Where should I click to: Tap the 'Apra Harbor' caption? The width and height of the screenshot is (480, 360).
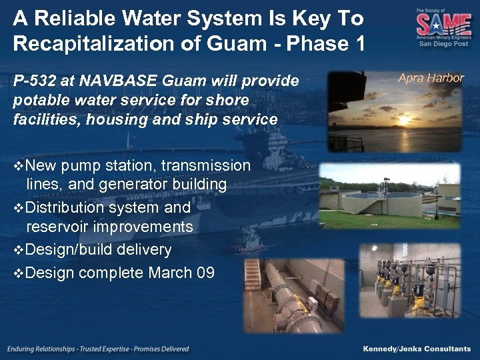(x=431, y=78)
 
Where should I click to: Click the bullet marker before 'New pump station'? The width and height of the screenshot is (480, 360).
(x=19, y=165)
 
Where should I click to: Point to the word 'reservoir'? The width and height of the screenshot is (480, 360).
(x=59, y=227)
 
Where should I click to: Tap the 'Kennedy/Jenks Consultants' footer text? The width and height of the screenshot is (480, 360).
(x=417, y=349)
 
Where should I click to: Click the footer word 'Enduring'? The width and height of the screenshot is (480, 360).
(x=25, y=349)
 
